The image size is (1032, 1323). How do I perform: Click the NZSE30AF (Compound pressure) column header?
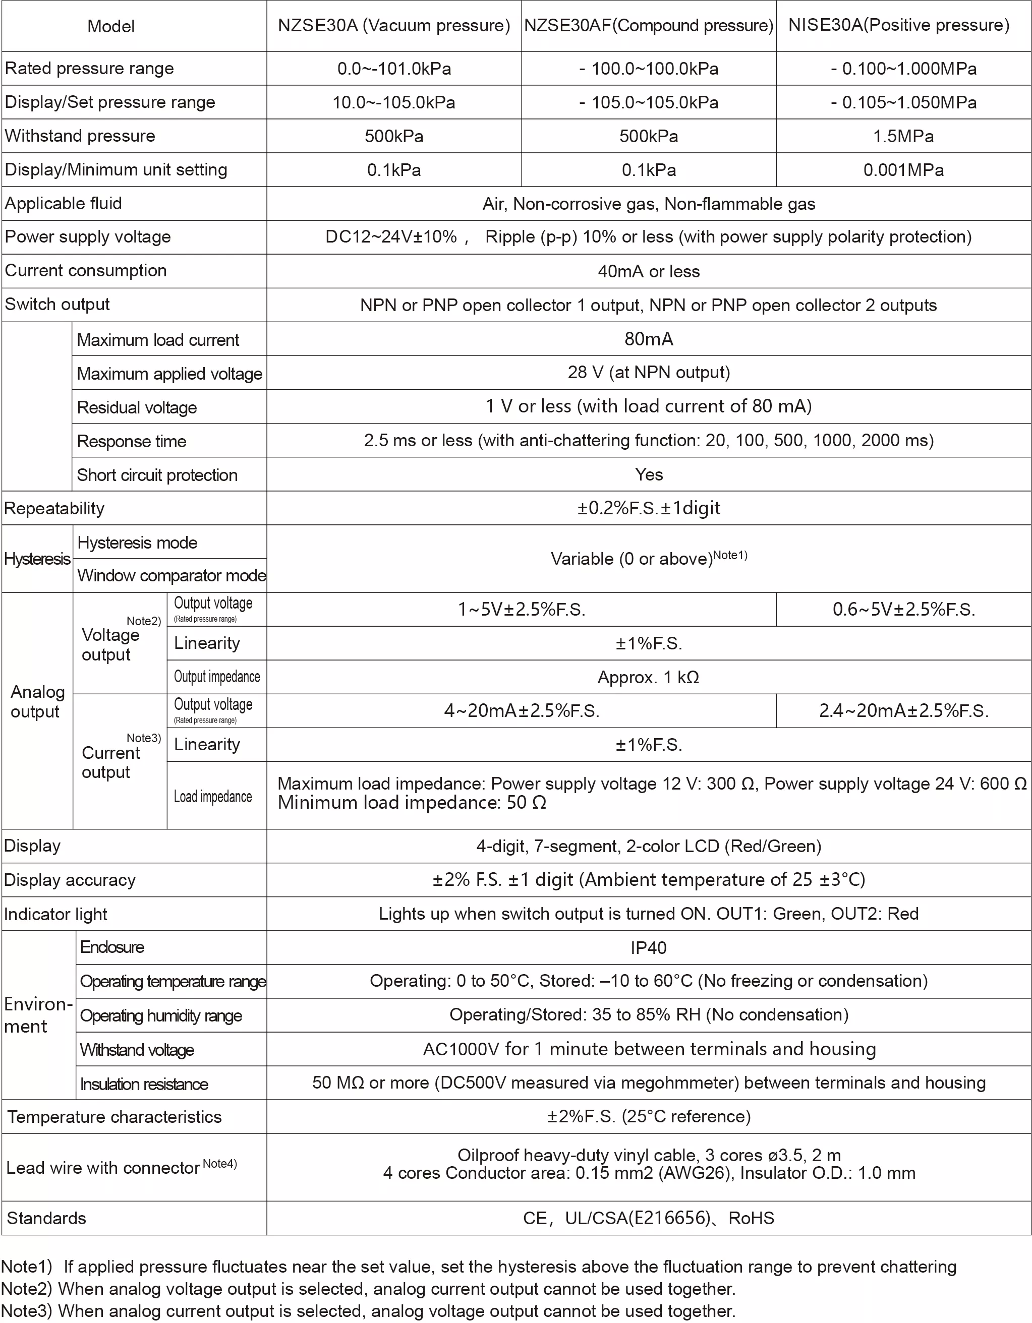click(x=649, y=25)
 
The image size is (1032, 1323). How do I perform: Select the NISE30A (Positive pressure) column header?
click(x=899, y=25)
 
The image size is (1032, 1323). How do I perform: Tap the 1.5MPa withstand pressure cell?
click(x=903, y=136)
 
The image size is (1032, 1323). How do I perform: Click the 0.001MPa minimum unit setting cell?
click(x=903, y=169)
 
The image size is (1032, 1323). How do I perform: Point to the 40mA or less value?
click(x=649, y=271)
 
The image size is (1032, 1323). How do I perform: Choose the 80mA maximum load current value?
click(x=649, y=339)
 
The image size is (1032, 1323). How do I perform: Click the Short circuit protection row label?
click(x=157, y=475)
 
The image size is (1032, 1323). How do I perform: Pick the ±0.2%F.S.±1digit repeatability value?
click(x=649, y=508)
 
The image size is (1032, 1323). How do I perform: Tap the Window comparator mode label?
click(x=171, y=575)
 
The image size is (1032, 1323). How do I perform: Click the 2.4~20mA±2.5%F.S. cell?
click(x=903, y=710)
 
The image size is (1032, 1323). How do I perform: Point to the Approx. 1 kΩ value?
click(x=649, y=677)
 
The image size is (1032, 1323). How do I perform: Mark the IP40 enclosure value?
click(x=649, y=947)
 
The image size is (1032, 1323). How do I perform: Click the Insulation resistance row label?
click(x=144, y=1084)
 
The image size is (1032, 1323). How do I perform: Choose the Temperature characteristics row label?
click(x=114, y=1116)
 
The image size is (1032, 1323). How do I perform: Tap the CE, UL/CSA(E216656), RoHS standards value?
click(x=649, y=1218)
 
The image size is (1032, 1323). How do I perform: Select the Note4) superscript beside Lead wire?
click(x=219, y=1163)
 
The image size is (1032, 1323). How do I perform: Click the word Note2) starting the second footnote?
click(x=27, y=1289)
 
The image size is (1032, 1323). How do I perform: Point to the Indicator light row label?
click(x=56, y=914)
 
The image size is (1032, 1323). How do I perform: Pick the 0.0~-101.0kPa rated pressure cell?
click(x=394, y=69)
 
